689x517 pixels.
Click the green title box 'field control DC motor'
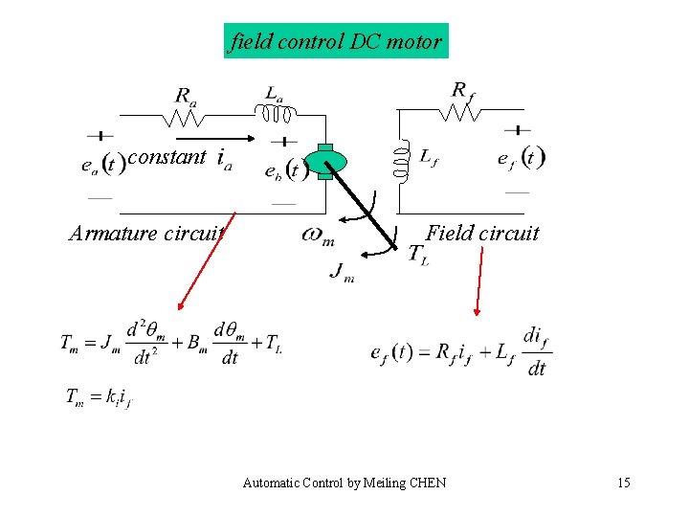click(336, 41)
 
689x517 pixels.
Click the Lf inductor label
click(429, 157)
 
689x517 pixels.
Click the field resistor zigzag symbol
click(460, 113)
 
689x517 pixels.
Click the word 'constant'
click(167, 157)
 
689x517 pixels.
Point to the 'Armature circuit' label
click(146, 233)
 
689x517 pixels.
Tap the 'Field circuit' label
click(482, 233)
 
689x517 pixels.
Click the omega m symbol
click(318, 235)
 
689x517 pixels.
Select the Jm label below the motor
click(342, 272)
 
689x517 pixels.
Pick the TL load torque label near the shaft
click(418, 254)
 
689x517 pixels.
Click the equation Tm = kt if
click(99, 396)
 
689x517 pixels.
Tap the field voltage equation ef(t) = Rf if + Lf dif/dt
click(460, 351)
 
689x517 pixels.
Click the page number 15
click(623, 483)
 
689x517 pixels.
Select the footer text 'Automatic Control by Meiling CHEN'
click(344, 483)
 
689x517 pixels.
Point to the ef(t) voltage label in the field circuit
click(522, 158)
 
